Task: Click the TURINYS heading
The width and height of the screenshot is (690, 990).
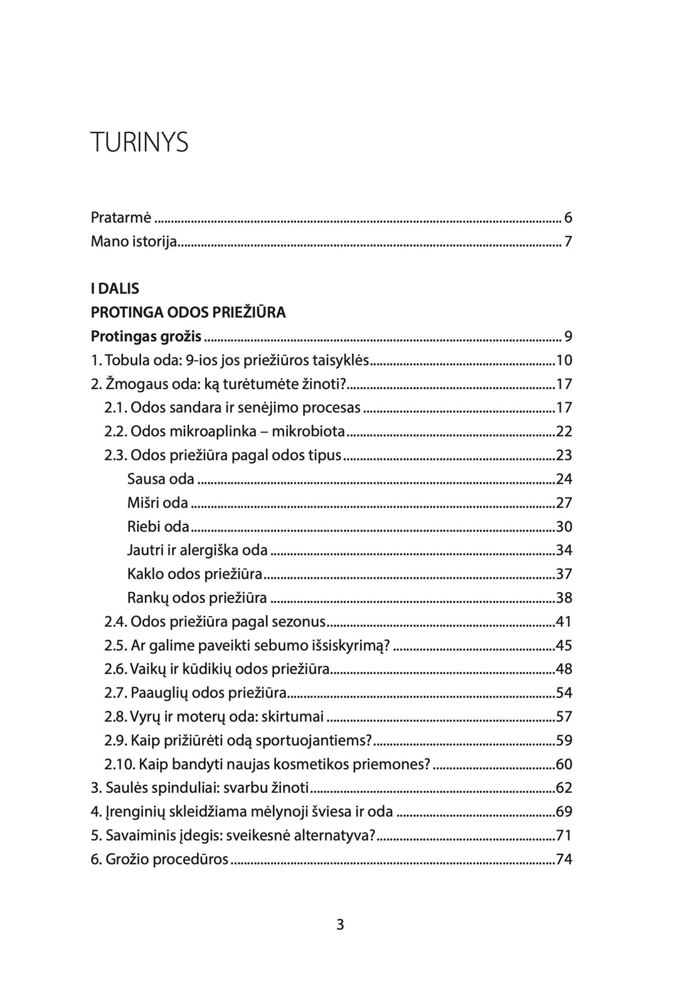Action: (139, 143)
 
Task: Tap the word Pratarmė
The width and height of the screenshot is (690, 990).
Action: (121, 218)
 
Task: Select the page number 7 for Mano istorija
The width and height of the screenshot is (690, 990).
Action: (568, 242)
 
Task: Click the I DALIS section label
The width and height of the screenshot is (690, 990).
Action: (115, 289)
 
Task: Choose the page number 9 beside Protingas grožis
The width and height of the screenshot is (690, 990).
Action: (568, 336)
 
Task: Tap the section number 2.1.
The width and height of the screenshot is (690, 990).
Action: (116, 408)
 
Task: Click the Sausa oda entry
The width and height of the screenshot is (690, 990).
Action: (161, 479)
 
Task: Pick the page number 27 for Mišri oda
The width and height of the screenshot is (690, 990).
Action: (564, 503)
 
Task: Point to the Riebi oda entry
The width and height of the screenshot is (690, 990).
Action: (158, 527)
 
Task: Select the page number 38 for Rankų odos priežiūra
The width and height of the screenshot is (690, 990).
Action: (564, 598)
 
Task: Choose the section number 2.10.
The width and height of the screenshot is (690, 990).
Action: (119, 765)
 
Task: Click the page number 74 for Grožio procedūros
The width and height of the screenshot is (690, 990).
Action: (564, 860)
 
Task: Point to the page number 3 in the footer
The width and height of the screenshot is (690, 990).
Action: (340, 924)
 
